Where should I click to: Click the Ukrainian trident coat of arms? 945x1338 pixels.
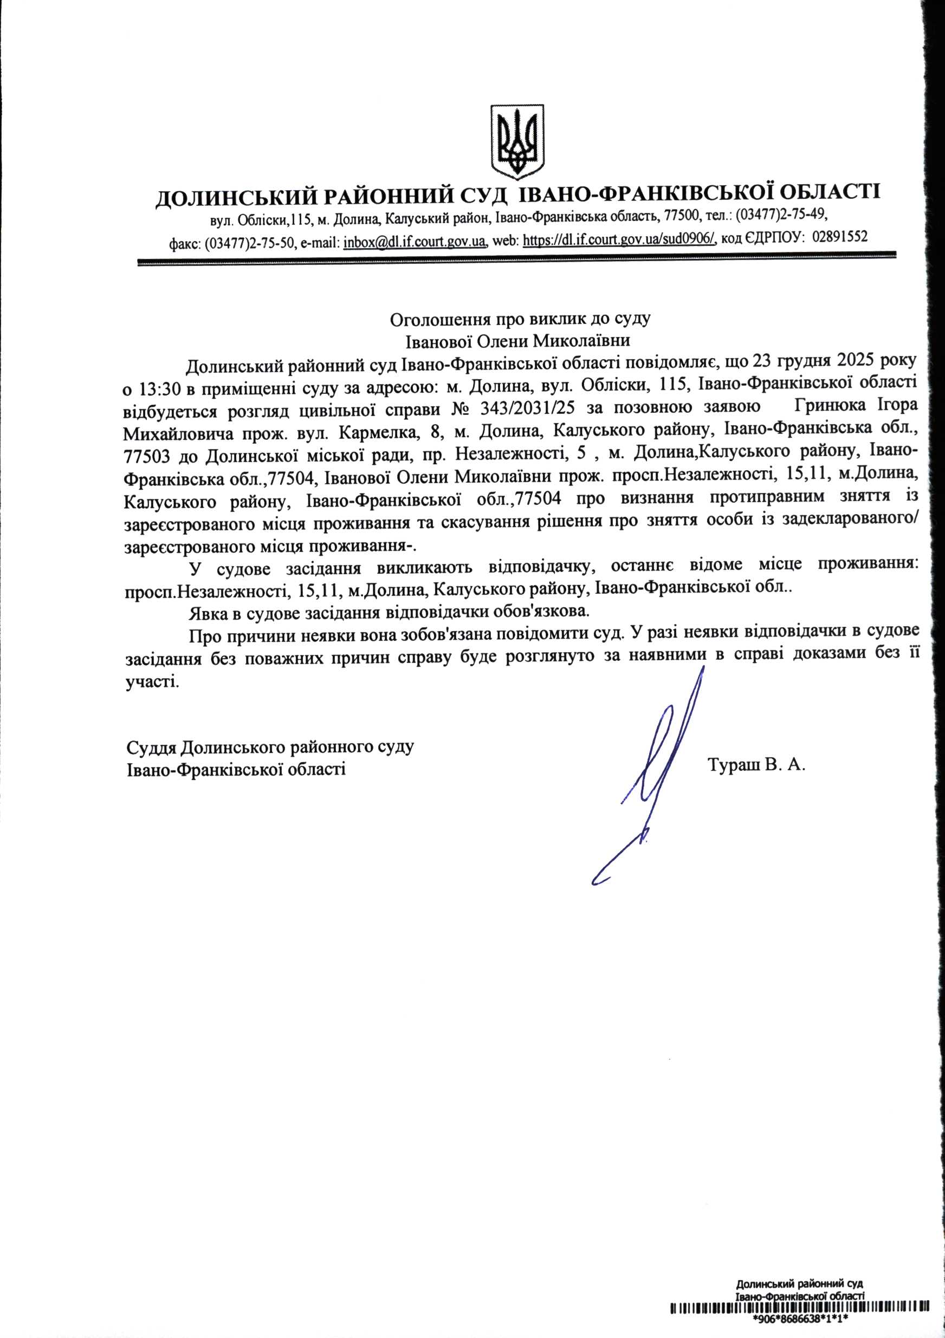click(516, 141)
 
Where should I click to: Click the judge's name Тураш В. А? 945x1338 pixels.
click(756, 764)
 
